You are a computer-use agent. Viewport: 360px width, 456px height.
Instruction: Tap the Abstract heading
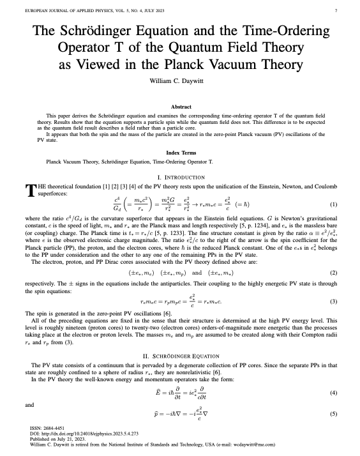click(x=179, y=107)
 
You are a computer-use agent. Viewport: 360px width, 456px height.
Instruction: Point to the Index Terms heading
click(x=179, y=154)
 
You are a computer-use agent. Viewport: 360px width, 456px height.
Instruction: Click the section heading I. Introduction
click(x=179, y=177)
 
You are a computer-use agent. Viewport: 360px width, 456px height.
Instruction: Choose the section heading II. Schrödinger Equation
click(x=179, y=354)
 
